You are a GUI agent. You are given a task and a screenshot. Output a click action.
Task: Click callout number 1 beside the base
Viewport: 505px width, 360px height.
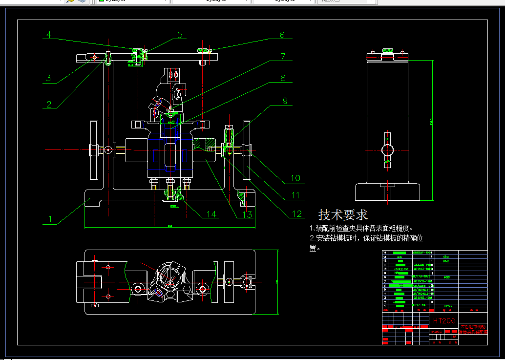click(x=49, y=219)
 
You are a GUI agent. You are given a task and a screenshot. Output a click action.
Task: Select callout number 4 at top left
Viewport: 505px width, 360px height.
click(x=49, y=35)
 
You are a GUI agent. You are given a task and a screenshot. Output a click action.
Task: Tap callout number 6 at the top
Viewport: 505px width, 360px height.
click(x=282, y=35)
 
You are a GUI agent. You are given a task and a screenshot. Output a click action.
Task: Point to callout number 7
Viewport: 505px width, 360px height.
click(x=282, y=56)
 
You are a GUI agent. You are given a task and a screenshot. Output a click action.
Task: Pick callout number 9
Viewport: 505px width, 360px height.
click(x=285, y=101)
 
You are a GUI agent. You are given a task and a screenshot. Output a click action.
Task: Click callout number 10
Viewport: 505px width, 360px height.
click(x=295, y=178)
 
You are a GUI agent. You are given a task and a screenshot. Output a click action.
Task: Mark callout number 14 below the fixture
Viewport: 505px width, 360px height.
click(x=211, y=214)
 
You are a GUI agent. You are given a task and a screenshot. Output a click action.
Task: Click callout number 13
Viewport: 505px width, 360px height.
click(x=247, y=214)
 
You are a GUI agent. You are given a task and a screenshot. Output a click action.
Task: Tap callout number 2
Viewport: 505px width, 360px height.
click(x=49, y=104)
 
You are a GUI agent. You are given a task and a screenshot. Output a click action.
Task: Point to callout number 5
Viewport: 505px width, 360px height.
click(x=180, y=35)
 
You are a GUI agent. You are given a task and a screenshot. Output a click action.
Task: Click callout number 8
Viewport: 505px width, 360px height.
click(x=282, y=78)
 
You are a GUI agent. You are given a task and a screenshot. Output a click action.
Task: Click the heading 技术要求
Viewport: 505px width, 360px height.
click(x=343, y=214)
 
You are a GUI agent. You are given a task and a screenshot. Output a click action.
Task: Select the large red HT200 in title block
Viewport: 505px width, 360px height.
click(x=444, y=321)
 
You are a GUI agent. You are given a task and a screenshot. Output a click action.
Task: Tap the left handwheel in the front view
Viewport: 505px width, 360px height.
click(x=93, y=149)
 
